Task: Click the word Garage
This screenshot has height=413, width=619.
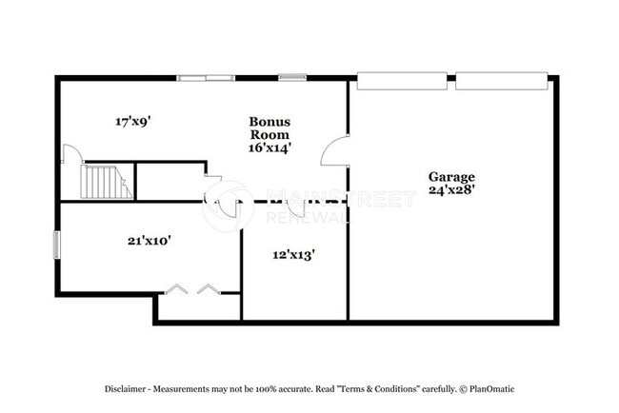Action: [450, 176]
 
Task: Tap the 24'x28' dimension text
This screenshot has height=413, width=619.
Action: [450, 189]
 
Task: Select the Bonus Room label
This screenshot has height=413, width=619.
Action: [270, 128]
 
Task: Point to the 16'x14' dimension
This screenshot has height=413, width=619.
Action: [270, 147]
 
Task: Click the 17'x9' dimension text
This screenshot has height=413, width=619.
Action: [134, 122]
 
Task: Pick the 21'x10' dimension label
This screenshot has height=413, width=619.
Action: [149, 241]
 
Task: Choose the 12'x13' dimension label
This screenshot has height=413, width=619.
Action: [293, 254]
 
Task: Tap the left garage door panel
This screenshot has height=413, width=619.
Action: [400, 80]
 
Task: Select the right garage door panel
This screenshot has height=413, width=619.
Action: [502, 80]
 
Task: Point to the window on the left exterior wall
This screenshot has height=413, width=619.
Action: [56, 245]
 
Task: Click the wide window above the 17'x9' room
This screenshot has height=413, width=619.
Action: [207, 78]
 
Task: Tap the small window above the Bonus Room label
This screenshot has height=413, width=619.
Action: [291, 78]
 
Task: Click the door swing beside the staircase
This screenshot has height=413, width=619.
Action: [70, 156]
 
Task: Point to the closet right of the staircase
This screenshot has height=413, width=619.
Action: [170, 181]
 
